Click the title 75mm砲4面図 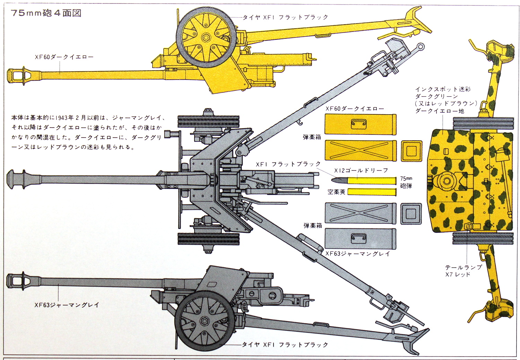point(46,14)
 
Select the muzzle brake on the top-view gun point(17,178)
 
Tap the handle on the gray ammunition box point(359,237)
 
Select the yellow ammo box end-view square point(411,151)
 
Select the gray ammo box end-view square point(411,213)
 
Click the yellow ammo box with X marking point(360,150)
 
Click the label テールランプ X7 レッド point(463,271)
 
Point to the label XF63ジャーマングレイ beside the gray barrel point(67,305)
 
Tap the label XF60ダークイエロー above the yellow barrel point(64,57)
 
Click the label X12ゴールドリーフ point(361,170)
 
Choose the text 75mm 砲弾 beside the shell point(406,182)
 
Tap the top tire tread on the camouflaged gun point(483,123)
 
